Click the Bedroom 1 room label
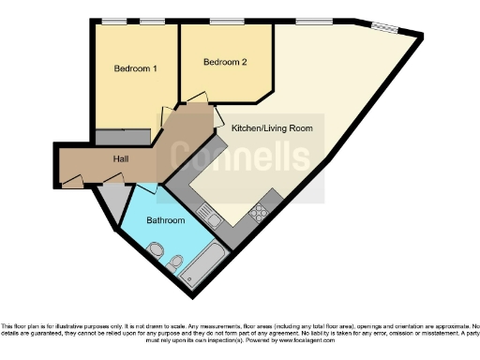click(x=135, y=68)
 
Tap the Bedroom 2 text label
click(x=225, y=63)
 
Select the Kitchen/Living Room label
click(x=265, y=127)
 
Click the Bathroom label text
click(x=165, y=220)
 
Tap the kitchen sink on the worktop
click(x=213, y=220)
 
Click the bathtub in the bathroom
click(x=201, y=266)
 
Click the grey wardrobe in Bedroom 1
click(x=122, y=137)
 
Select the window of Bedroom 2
click(x=223, y=21)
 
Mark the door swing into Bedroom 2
click(x=195, y=97)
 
